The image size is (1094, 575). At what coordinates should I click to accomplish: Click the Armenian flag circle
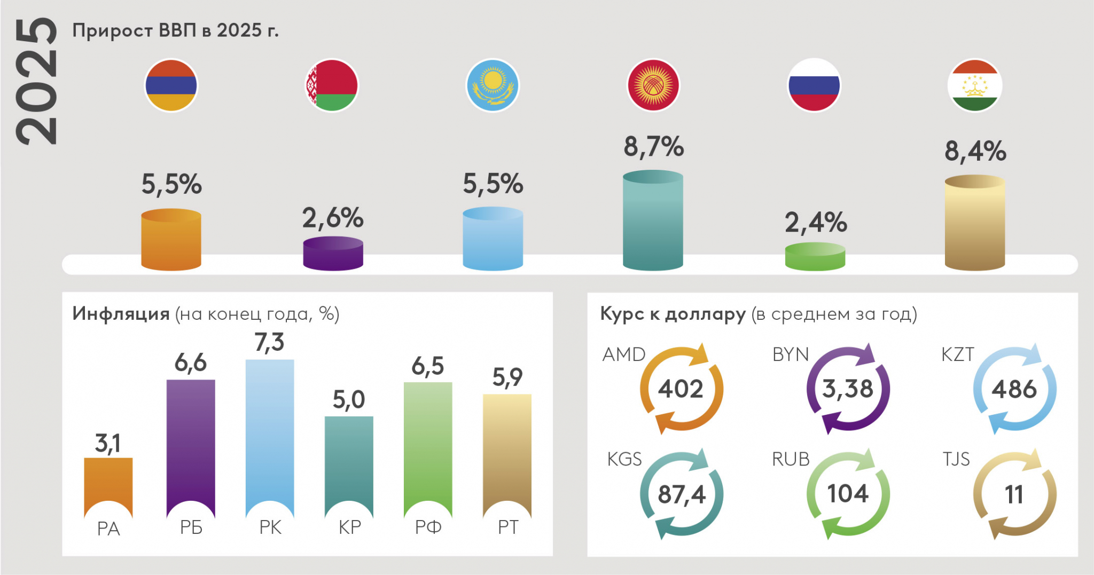click(171, 85)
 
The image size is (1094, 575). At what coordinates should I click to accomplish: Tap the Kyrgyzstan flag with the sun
click(653, 85)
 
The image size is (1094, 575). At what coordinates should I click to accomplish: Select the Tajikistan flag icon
click(975, 85)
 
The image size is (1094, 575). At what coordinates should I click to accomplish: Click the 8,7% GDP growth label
click(653, 147)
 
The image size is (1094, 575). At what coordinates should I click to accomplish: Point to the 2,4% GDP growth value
click(815, 223)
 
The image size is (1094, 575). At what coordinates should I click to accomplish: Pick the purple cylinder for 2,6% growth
click(333, 254)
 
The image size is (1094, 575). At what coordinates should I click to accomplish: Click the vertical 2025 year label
click(36, 81)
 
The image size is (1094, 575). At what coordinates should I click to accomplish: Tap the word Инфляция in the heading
click(121, 313)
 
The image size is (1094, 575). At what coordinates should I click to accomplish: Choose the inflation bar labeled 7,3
click(270, 432)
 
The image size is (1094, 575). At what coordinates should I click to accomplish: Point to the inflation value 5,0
click(349, 399)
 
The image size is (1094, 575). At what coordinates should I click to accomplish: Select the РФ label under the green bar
click(428, 527)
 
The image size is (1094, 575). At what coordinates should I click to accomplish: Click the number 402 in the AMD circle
click(681, 389)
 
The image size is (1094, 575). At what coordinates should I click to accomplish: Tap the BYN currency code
click(791, 355)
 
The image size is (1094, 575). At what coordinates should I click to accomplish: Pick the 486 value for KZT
click(1014, 389)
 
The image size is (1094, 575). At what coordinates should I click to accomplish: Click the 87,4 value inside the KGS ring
click(682, 494)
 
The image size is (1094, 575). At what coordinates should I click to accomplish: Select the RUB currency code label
click(791, 459)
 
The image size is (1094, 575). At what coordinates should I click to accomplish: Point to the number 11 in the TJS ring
click(1014, 494)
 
